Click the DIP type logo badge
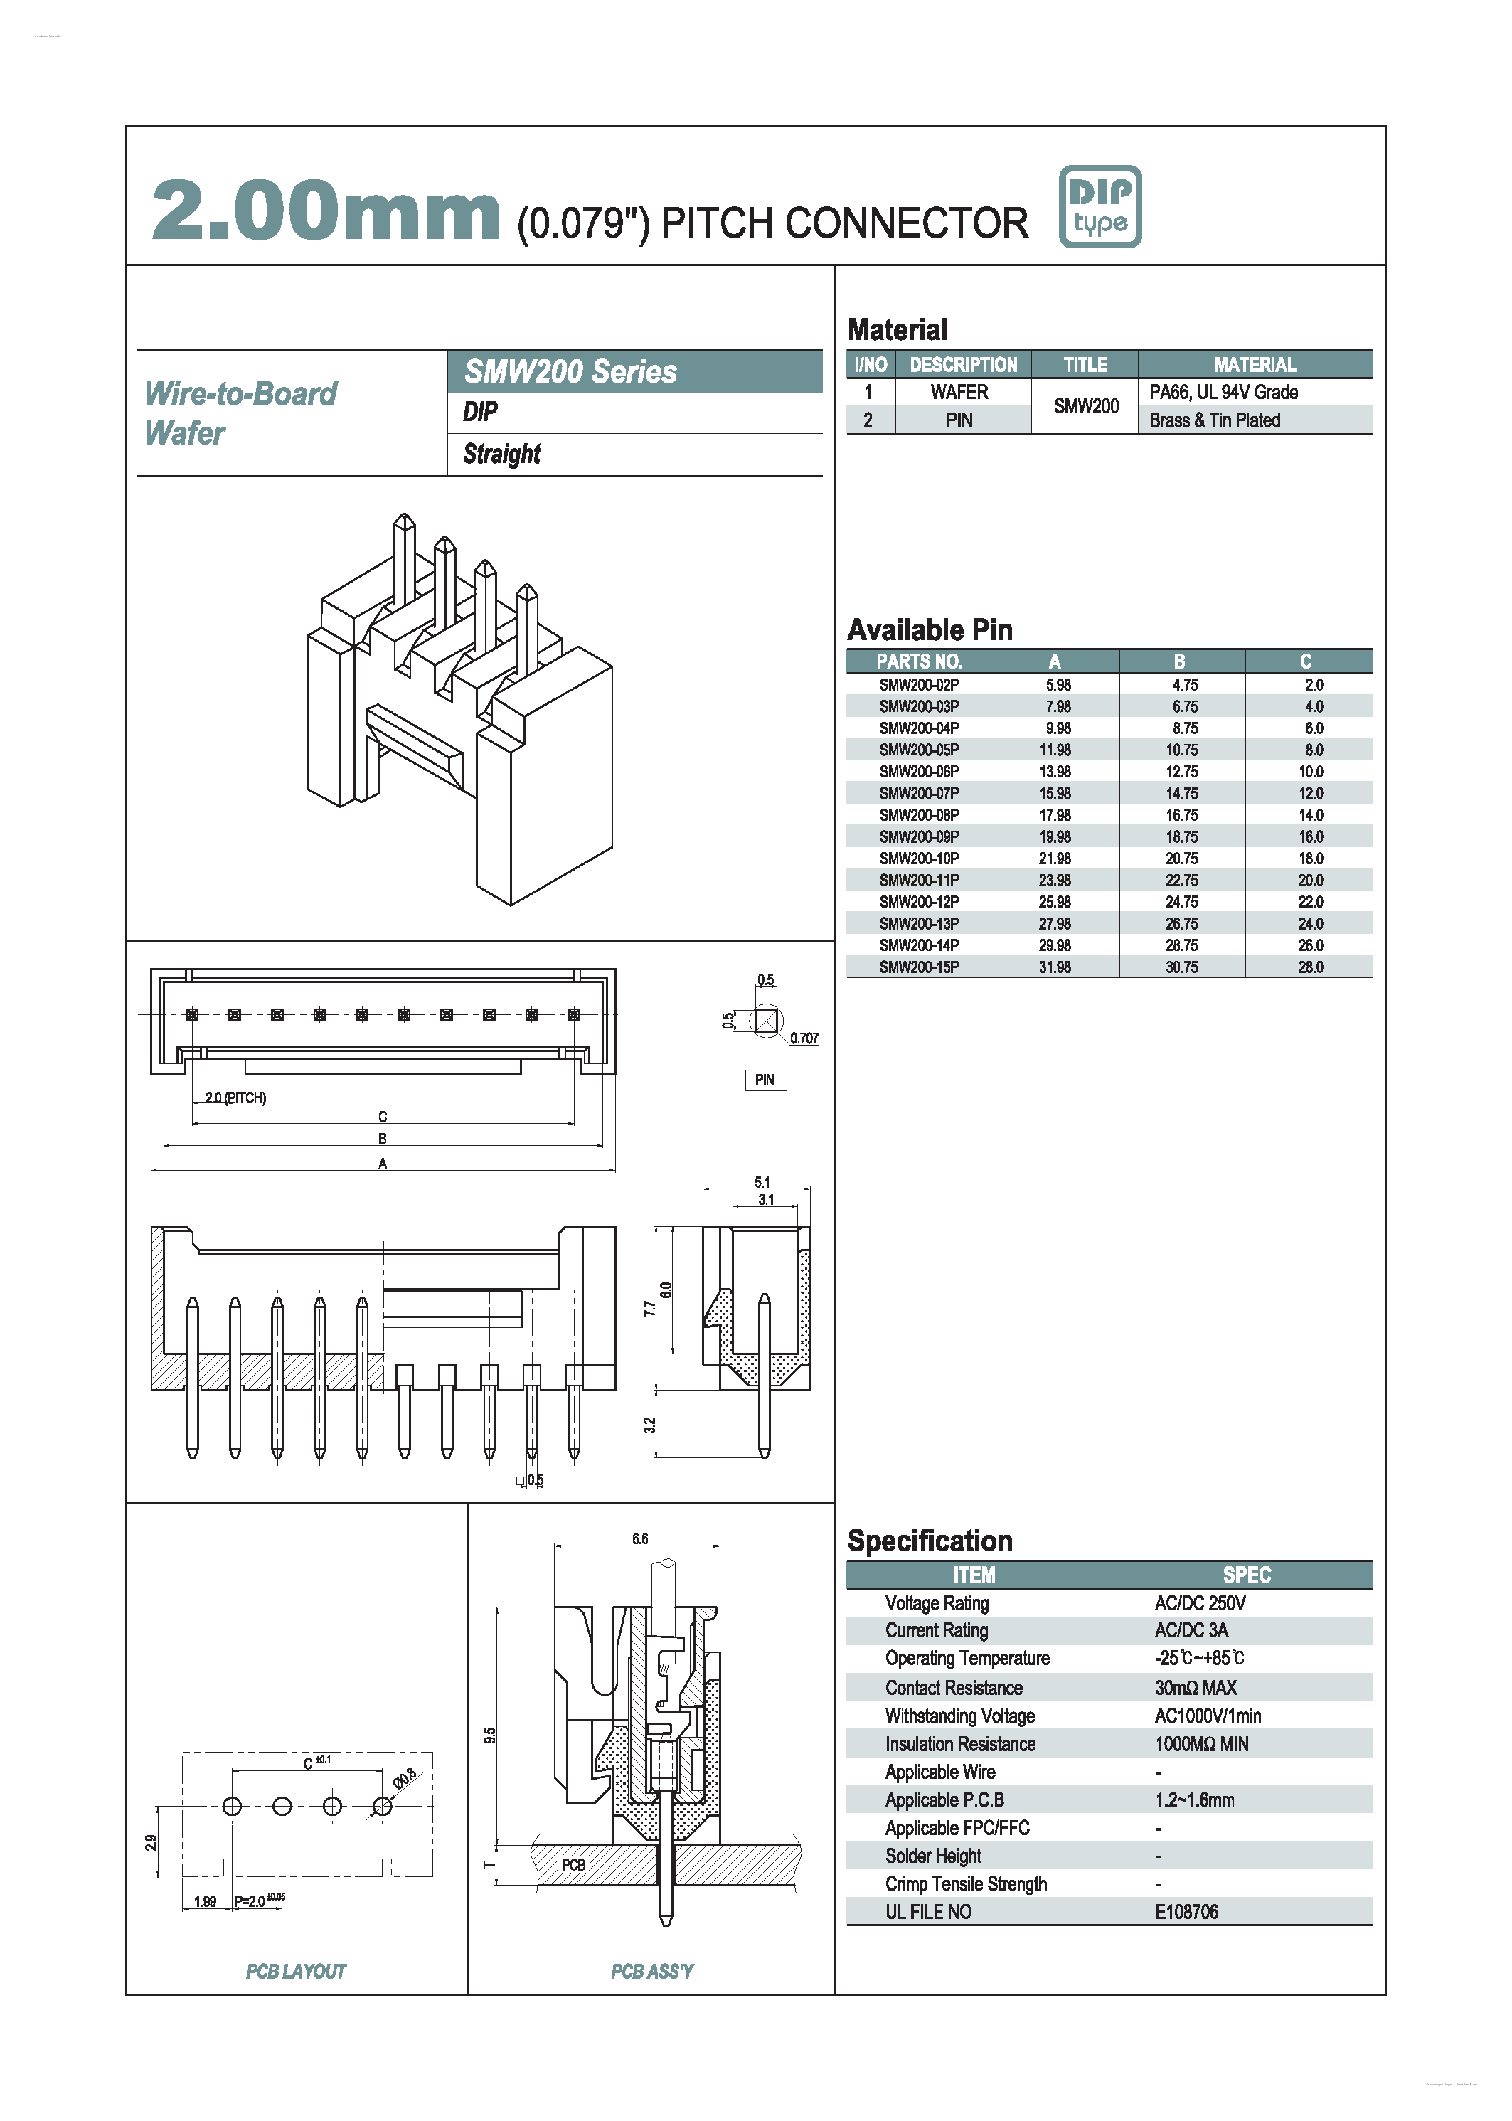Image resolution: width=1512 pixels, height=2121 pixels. pyautogui.click(x=1100, y=207)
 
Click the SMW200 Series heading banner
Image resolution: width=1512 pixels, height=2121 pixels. pyautogui.click(x=634, y=371)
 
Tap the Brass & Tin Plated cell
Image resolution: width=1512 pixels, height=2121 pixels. pyautogui.click(x=1214, y=420)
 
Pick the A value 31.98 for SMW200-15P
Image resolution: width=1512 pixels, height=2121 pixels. pyautogui.click(x=1055, y=967)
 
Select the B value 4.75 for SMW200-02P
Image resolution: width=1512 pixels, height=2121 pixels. pyautogui.click(x=1184, y=684)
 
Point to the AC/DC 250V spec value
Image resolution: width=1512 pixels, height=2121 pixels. pyautogui.click(x=1199, y=1603)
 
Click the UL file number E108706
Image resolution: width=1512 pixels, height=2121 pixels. pyautogui.click(x=1186, y=1911)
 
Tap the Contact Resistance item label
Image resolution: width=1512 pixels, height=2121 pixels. pyautogui.click(x=954, y=1688)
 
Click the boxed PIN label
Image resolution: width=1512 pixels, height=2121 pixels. pyautogui.click(x=765, y=1080)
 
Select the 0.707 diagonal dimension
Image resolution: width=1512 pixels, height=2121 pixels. pyautogui.click(x=804, y=1038)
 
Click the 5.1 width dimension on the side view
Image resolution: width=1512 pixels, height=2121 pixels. pyautogui.click(x=762, y=1182)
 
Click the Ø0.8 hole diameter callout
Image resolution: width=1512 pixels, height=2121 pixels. pyautogui.click(x=405, y=1777)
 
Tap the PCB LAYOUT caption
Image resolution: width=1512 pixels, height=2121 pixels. pyautogui.click(x=295, y=1971)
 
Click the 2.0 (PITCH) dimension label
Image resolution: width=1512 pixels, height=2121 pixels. pyautogui.click(x=235, y=1097)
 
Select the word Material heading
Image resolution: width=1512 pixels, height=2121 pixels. pyautogui.click(x=897, y=329)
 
